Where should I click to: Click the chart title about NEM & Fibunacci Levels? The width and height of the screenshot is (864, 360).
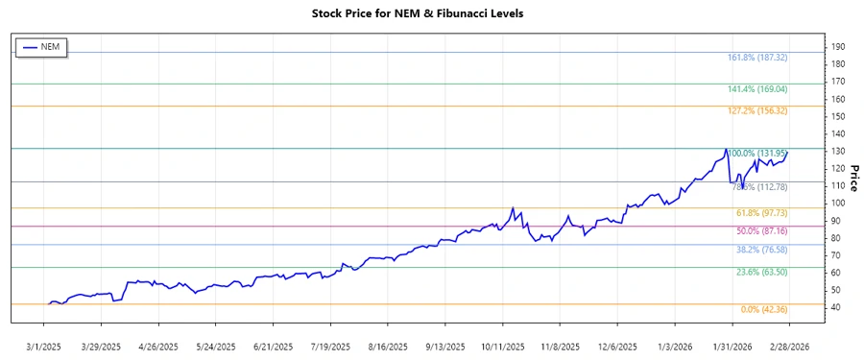[431, 13]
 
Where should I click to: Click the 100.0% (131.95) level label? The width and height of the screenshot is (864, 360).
[759, 154]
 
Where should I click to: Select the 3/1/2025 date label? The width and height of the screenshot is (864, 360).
[45, 346]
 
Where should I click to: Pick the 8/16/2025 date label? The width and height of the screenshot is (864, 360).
[389, 346]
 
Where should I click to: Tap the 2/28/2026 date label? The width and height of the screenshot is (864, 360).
[789, 346]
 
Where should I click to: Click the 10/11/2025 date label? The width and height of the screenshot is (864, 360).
[503, 346]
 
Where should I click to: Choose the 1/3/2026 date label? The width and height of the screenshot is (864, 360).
[675, 346]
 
